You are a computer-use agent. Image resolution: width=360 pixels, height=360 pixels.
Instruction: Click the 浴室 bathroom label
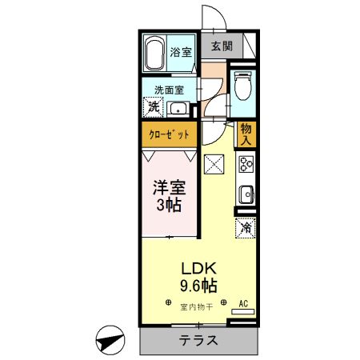click(x=181, y=53)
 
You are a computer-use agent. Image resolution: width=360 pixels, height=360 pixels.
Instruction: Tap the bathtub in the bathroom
click(x=155, y=53)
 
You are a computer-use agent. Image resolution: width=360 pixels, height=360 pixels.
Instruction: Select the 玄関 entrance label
click(x=222, y=47)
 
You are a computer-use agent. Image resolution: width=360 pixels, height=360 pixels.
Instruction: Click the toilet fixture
click(x=243, y=86)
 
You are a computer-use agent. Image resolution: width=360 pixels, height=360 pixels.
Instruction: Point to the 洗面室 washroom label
click(x=168, y=90)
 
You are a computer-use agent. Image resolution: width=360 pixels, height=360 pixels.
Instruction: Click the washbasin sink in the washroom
click(x=179, y=109)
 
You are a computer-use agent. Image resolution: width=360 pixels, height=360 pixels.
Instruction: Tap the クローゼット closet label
click(x=170, y=134)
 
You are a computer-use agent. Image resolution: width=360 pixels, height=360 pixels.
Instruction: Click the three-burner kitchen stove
click(x=245, y=166)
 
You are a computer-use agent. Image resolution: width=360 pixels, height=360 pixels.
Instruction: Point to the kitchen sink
click(x=246, y=194)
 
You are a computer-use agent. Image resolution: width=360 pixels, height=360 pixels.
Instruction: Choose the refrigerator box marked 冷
click(x=246, y=227)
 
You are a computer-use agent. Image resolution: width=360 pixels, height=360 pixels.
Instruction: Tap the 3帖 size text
click(x=168, y=206)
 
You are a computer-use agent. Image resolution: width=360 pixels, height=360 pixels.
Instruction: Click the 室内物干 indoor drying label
click(x=195, y=306)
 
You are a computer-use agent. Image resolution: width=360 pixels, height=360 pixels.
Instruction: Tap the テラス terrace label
click(x=198, y=339)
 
